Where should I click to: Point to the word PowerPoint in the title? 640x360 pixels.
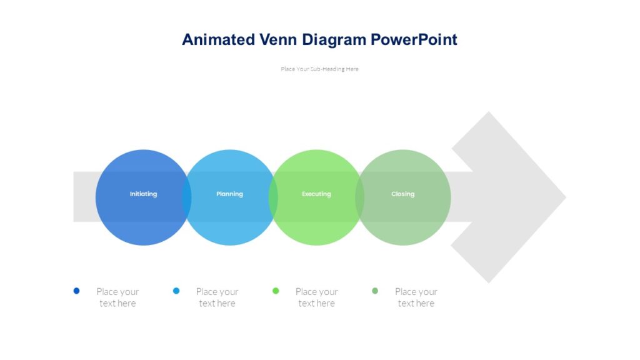pos(414,40)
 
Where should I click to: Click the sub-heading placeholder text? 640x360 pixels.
pos(319,69)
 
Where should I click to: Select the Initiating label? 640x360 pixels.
pos(143,194)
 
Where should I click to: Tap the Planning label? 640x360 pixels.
pos(229,194)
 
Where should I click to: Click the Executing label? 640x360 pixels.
pos(316,194)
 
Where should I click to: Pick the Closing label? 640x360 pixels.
pos(402,194)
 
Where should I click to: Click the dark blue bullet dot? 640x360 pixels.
pos(77,291)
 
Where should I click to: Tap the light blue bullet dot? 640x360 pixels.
pos(176,291)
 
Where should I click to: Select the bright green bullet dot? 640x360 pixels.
pos(276,291)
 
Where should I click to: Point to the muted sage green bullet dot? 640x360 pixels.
pos(375,291)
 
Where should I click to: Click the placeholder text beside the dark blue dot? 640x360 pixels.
pos(117,297)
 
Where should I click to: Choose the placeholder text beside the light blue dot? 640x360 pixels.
pos(217,297)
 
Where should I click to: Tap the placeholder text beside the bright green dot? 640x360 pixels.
pos(316,297)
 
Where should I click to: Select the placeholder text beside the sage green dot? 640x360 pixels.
pos(416,297)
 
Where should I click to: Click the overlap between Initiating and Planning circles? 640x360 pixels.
pos(186,197)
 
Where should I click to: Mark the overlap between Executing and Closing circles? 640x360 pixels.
pos(359,197)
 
